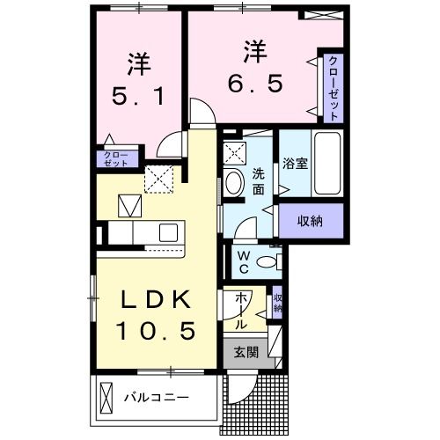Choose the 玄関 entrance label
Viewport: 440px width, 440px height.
[x=246, y=353]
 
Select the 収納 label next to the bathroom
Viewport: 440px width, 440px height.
[x=309, y=220]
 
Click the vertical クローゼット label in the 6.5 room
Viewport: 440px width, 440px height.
[x=334, y=88]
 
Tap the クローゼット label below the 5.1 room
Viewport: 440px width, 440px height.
[x=113, y=158]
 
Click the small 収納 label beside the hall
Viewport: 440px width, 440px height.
[x=278, y=304]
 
